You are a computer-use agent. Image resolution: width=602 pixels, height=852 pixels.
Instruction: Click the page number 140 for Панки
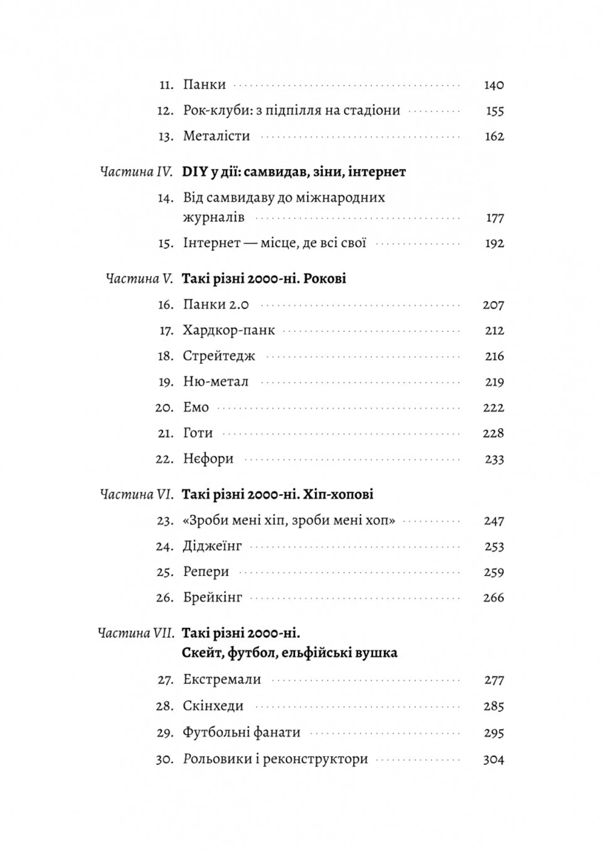point(494,85)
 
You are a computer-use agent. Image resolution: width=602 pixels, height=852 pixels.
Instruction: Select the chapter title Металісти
point(216,136)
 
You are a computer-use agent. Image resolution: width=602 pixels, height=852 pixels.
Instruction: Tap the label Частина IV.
point(136,173)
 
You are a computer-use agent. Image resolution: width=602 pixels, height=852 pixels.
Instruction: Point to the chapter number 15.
point(166,244)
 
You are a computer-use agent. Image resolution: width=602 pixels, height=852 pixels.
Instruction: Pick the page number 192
point(494,244)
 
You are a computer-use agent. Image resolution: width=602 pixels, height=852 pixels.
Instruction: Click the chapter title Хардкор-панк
point(229,330)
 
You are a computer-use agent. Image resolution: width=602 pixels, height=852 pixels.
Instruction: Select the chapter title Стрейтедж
point(219,356)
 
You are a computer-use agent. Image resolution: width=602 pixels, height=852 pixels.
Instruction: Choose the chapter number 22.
point(165,459)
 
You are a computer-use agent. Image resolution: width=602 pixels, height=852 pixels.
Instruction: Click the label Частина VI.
point(136,495)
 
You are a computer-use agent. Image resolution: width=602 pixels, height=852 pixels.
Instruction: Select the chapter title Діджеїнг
point(212,546)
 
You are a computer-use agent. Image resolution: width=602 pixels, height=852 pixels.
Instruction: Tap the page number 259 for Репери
point(494,572)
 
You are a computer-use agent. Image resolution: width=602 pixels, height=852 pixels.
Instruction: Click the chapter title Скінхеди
point(213,706)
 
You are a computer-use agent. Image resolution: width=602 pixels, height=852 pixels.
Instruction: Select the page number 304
point(494,760)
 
